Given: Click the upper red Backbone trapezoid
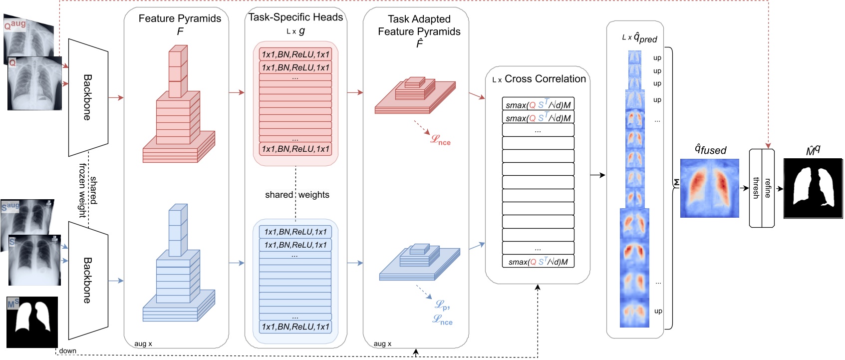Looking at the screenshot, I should [x=88, y=97].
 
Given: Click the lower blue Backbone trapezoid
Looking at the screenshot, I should [x=88, y=281].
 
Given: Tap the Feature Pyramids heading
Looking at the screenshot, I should [x=180, y=18].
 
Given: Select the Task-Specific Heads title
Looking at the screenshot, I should [x=295, y=17].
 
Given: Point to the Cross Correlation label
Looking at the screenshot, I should [x=545, y=79].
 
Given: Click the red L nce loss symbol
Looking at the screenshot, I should [x=441, y=140].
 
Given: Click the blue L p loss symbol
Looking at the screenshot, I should [x=442, y=305].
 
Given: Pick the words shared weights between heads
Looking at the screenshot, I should [x=297, y=195].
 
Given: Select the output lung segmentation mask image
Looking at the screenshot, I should [x=813, y=188].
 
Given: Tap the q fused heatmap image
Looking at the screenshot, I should [x=709, y=188].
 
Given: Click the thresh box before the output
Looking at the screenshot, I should [x=756, y=188].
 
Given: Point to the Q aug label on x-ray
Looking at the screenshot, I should [x=15, y=24].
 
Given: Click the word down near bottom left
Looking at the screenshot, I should [x=67, y=351].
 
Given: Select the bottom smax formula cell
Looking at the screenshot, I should [x=538, y=262].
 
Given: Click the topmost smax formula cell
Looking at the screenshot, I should [x=538, y=104].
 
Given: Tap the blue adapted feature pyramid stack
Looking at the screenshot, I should [x=419, y=262].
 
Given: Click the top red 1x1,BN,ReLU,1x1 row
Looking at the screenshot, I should [x=295, y=54].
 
